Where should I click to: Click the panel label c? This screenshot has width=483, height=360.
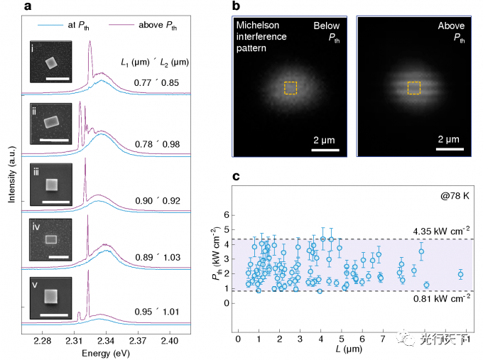pyautogui.click(x=236, y=176)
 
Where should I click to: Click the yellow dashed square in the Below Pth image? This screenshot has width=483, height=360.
pyautogui.click(x=291, y=87)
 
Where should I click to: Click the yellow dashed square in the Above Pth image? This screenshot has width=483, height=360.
pyautogui.click(x=414, y=87)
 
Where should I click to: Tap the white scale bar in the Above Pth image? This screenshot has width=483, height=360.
pyautogui.click(x=450, y=148)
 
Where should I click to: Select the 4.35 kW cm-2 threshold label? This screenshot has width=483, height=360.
pyautogui.click(x=441, y=229)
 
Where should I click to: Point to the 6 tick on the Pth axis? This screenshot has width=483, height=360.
pyautogui.click(x=228, y=214)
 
